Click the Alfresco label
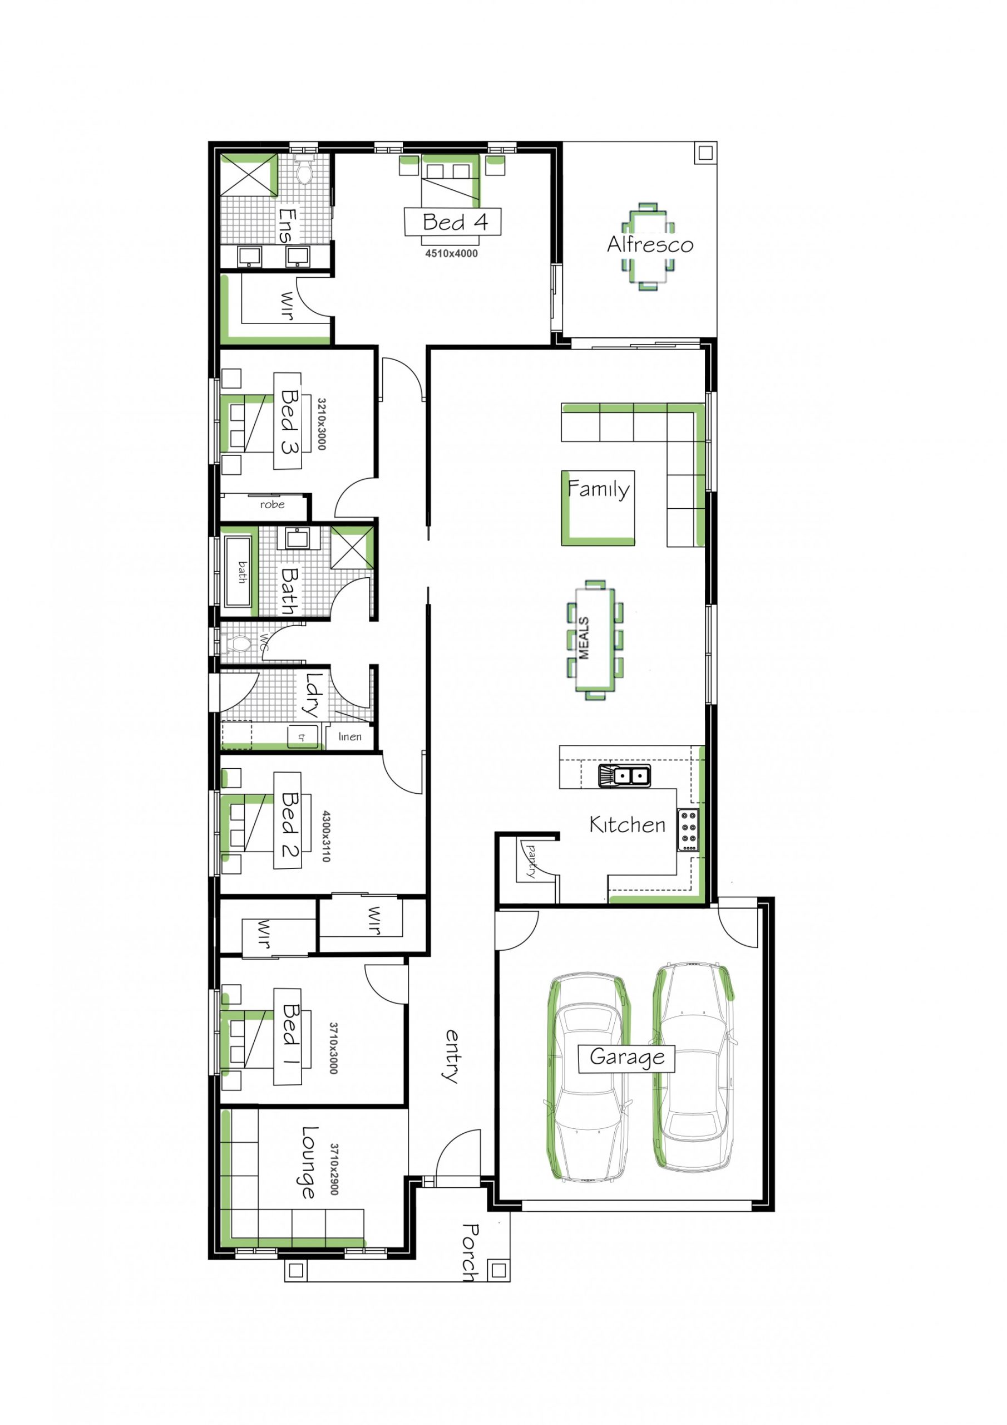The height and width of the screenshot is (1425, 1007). [x=650, y=244]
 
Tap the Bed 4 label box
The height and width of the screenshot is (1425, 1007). [x=452, y=222]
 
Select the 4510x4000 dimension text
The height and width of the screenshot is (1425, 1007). [x=451, y=253]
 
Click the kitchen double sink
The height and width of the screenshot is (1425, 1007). [x=624, y=775]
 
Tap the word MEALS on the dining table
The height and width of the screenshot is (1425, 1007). [x=584, y=638]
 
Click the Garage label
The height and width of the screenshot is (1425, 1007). [x=626, y=1057]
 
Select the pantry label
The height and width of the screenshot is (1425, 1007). [x=531, y=859]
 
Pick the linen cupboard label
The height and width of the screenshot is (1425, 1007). [x=350, y=736]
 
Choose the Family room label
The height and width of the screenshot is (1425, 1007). [x=598, y=490]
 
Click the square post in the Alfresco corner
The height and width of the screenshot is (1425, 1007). [x=705, y=153]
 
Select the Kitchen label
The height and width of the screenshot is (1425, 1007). [x=627, y=825]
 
